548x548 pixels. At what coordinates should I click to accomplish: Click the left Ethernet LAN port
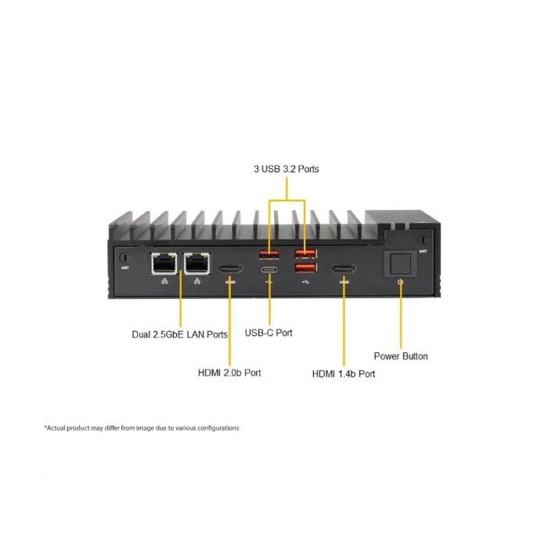pos(164,263)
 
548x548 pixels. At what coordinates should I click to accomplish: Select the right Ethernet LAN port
pos(197,263)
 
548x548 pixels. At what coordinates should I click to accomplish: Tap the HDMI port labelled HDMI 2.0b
pos(231,269)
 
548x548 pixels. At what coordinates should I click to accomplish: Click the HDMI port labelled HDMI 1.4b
pos(344,269)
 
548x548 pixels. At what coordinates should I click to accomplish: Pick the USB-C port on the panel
pos(269,270)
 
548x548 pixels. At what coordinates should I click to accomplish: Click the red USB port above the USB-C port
pos(269,254)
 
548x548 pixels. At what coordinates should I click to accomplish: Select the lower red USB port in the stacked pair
pos(306,268)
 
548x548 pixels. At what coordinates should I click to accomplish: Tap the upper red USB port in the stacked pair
pos(306,254)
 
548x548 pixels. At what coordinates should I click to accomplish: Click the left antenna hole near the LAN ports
pos(124,258)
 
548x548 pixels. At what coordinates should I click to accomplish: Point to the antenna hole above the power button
pos(424,240)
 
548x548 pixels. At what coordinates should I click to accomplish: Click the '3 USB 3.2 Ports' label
pos(287,169)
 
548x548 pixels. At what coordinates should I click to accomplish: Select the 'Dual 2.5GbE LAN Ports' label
pos(179,334)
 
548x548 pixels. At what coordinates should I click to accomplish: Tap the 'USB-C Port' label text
pos(269,333)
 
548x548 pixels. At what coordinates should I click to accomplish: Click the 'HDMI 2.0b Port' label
pos(229,373)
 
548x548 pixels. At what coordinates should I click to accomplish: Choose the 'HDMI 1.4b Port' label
pos(344,374)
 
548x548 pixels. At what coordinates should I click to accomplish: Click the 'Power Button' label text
pos(401,356)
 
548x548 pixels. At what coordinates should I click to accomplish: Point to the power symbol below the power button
pos(401,282)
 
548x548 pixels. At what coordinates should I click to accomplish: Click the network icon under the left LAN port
pos(164,281)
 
